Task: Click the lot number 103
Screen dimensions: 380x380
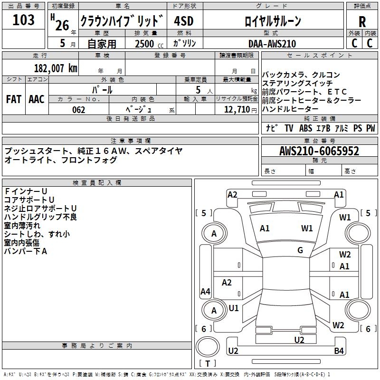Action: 24,20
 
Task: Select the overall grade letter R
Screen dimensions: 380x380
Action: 362,22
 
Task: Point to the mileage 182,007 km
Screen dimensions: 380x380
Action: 56,68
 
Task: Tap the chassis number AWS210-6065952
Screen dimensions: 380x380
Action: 319,151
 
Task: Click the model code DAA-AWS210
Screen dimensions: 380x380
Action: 272,44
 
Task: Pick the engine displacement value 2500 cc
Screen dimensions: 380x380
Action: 149,44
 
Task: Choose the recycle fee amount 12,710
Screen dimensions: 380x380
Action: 236,110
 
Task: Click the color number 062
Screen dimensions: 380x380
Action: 79,110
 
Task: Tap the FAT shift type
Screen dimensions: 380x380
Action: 13,99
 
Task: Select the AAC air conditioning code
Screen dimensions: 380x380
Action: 37,99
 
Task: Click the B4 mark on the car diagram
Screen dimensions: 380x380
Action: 339,351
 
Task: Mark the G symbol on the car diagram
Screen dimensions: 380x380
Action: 300,250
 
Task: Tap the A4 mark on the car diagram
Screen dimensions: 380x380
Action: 205,292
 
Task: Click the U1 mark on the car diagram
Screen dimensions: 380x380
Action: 234,308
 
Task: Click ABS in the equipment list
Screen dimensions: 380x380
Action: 305,128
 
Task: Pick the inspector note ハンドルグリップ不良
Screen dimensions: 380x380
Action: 40,217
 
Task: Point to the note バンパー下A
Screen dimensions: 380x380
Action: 26,251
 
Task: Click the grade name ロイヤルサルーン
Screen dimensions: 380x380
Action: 273,21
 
